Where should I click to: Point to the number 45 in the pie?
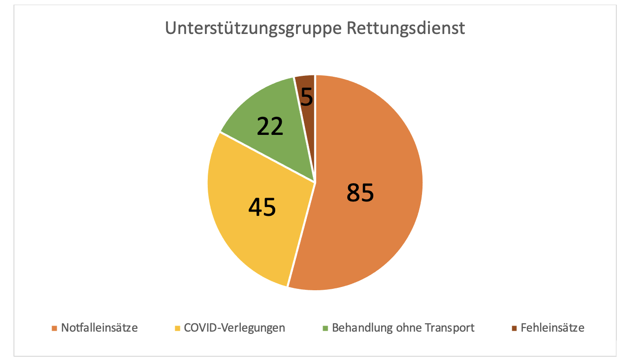(262, 207)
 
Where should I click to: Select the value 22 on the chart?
(270, 126)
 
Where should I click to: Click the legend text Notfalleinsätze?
(99, 327)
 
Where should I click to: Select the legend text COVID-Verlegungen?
(234, 327)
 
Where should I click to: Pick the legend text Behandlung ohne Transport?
(403, 327)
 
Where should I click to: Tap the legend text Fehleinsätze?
(552, 327)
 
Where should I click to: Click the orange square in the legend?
(54, 328)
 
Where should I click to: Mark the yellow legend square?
(177, 328)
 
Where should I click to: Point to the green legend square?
(325, 328)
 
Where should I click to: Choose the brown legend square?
(514, 328)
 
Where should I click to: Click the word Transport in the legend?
(449, 327)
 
